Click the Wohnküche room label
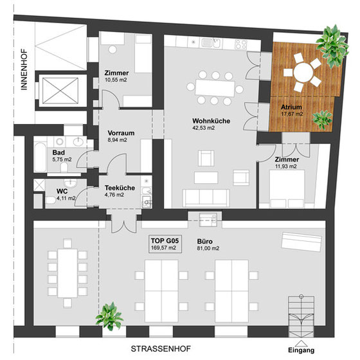coord(211,121)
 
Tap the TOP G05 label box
coord(165,244)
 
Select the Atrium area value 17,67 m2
coord(292,114)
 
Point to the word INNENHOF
coord(24,69)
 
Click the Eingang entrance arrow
coord(301,343)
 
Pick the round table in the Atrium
coord(303,72)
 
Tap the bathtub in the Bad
coord(40,157)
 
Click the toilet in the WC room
coord(50,200)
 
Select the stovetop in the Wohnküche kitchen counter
coord(241,44)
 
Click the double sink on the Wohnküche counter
coord(212,42)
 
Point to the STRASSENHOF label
coord(161,348)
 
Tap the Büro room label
coord(205,241)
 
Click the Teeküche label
coord(120,188)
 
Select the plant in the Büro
coord(109,316)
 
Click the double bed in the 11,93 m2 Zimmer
coord(287,189)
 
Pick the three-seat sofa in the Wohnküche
coord(206,198)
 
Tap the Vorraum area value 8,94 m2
coord(117,140)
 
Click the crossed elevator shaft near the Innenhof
coord(60,91)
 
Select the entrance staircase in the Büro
coord(301,317)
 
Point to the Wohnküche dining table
coord(215,88)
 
